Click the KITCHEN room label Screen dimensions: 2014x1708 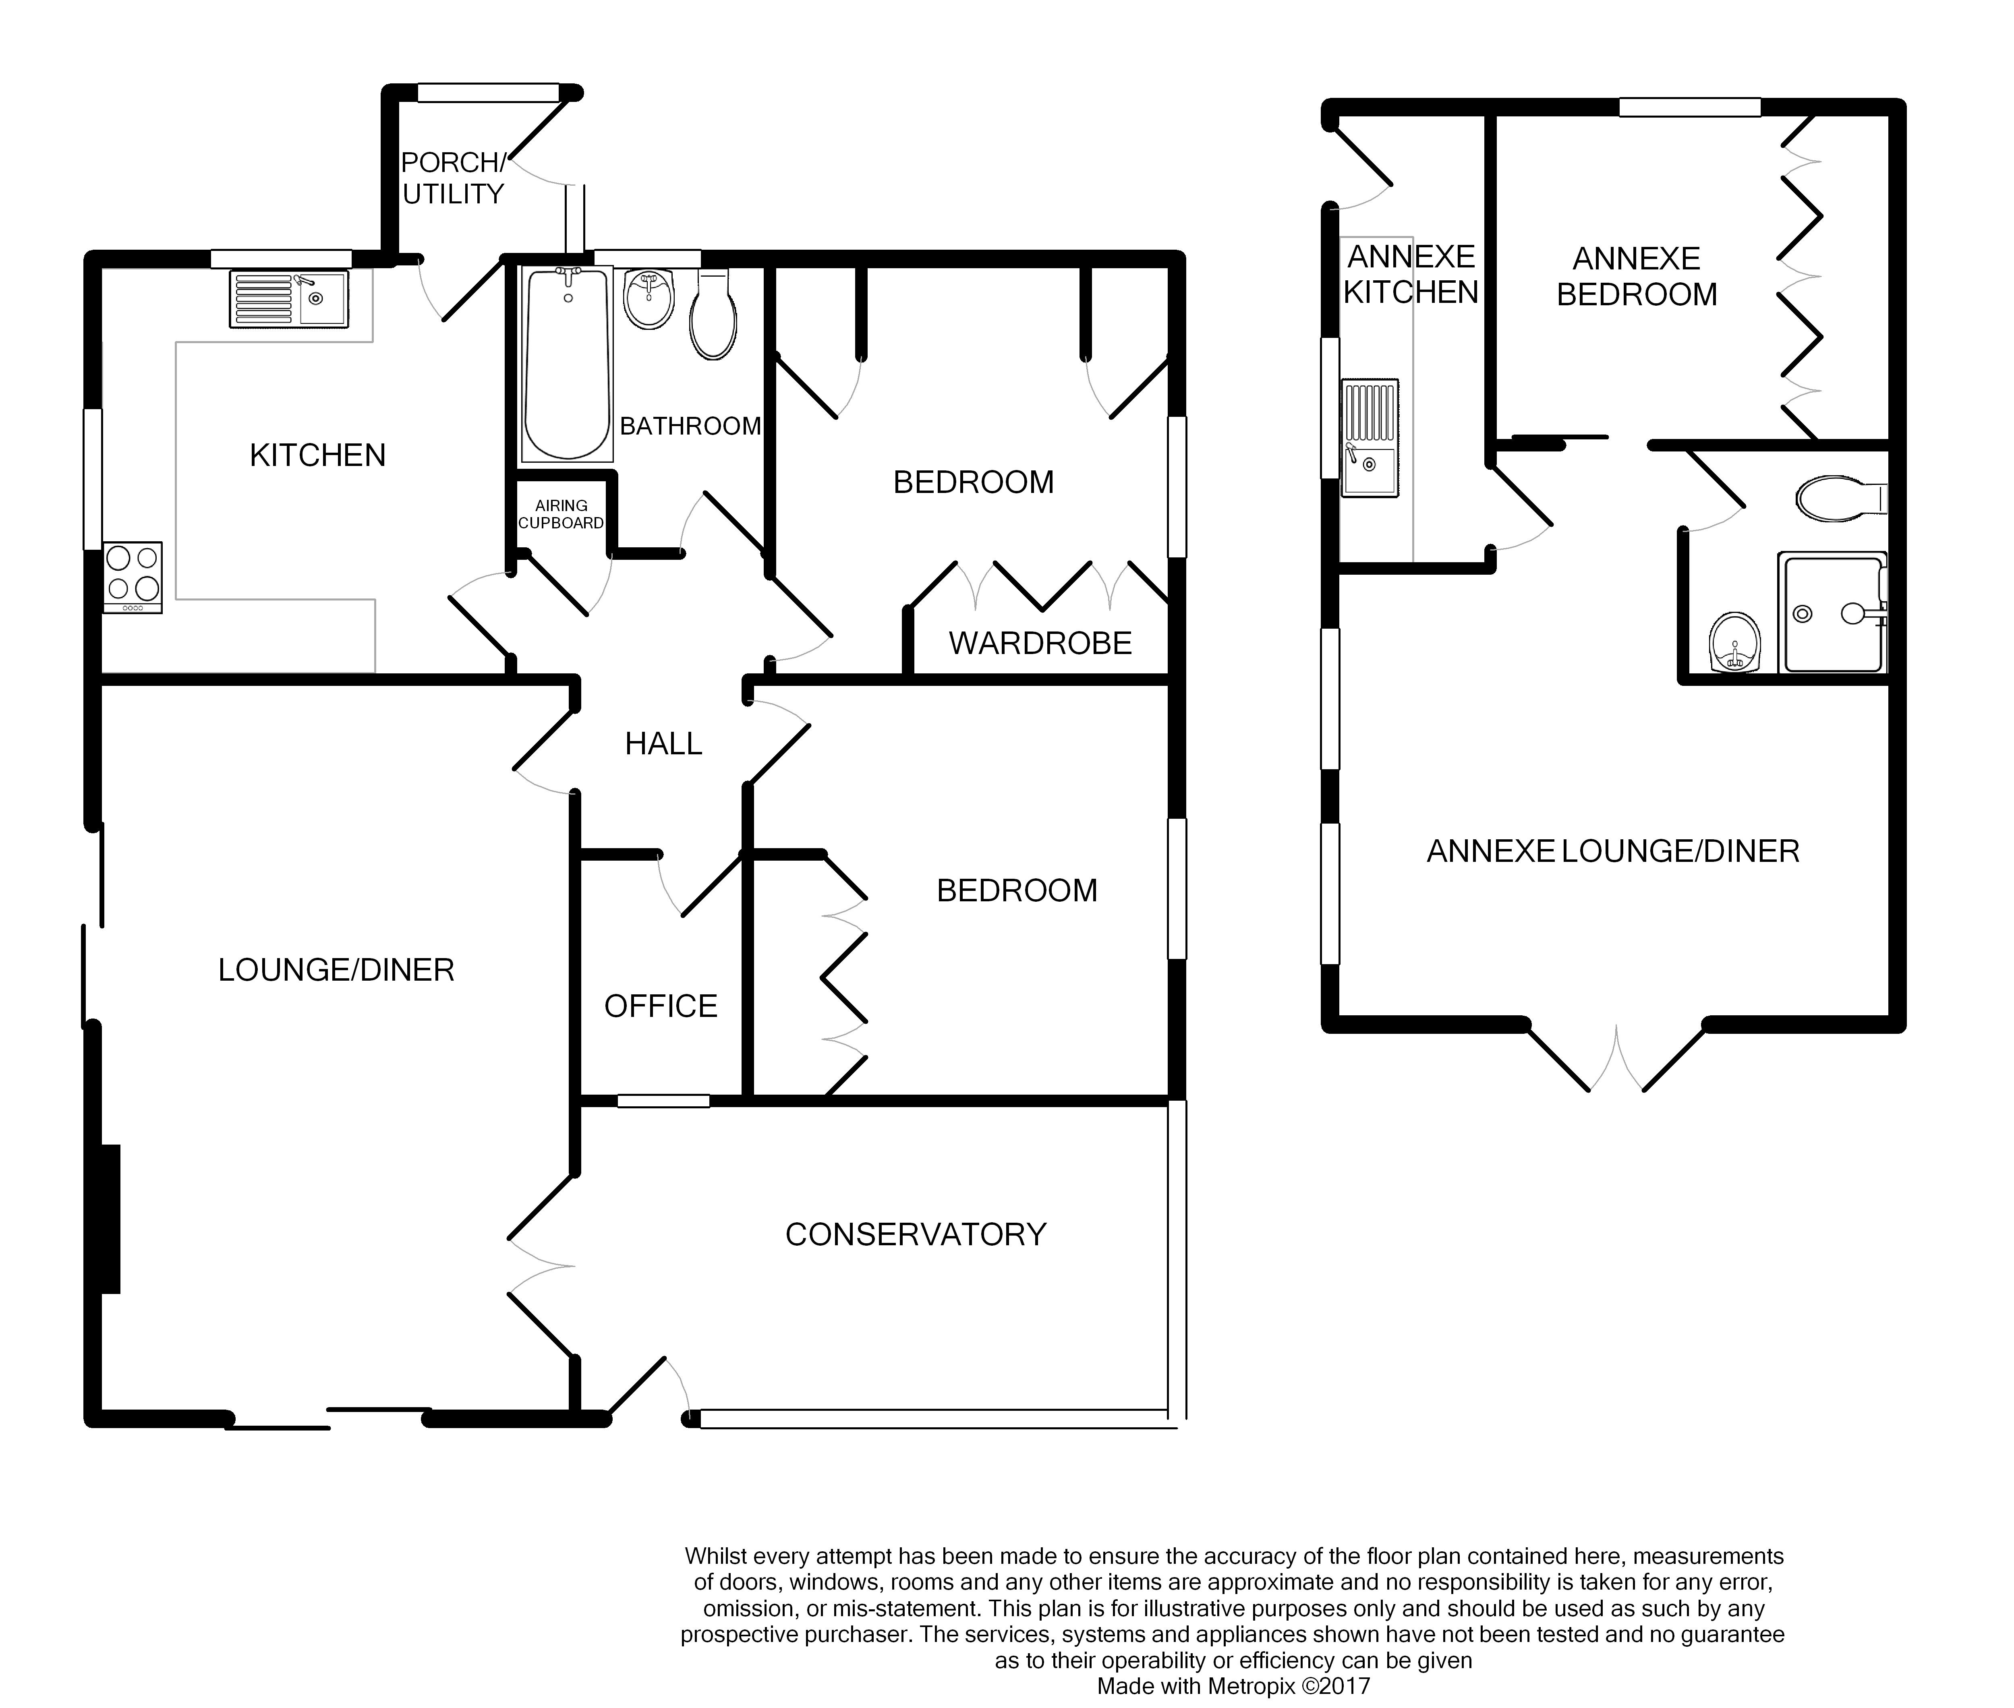point(317,455)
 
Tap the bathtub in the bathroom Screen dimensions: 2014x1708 point(568,364)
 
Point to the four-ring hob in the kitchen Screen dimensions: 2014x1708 point(133,577)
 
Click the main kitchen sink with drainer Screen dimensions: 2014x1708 point(288,298)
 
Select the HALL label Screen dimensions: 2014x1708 point(663,743)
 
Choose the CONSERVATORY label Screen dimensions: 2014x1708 point(916,1234)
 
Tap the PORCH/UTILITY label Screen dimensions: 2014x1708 point(453,178)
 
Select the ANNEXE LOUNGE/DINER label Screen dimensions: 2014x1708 point(1613,851)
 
